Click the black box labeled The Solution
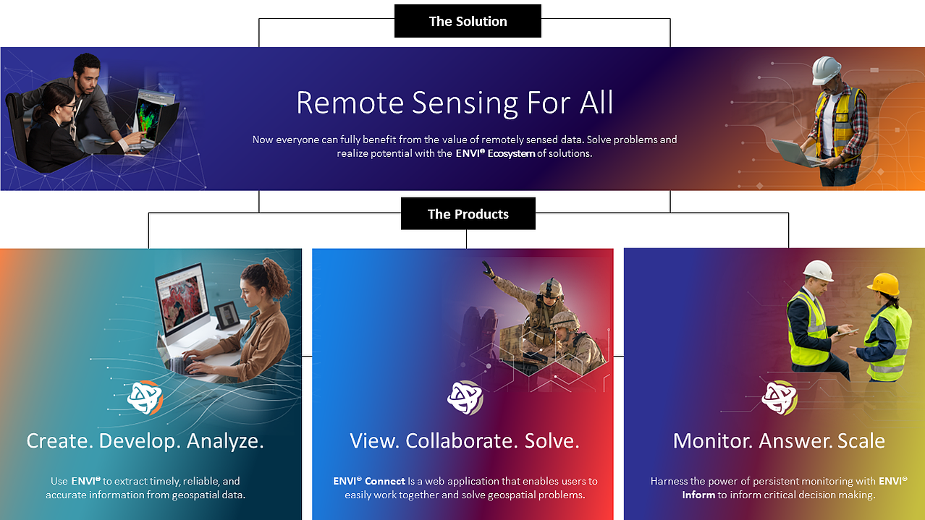coord(468,21)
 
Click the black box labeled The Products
coord(468,213)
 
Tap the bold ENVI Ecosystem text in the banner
coord(495,153)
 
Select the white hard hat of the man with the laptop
coord(826,70)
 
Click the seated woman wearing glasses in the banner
coord(58,128)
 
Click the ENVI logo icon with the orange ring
coord(145,398)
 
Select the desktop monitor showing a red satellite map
coord(182,302)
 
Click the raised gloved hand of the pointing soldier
coord(489,269)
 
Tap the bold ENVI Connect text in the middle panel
coord(369,481)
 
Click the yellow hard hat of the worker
coord(884,284)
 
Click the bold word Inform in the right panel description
coord(698,495)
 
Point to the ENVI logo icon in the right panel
coord(780,398)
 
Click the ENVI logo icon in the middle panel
coord(465,398)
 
